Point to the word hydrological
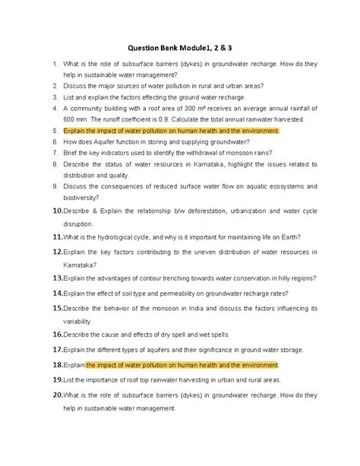123,236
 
